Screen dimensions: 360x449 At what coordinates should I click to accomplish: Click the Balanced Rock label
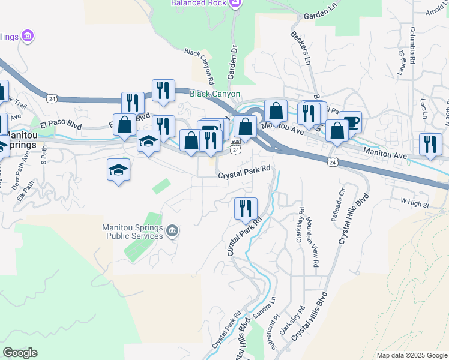[198, 3]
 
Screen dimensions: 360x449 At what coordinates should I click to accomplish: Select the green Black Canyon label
[215, 94]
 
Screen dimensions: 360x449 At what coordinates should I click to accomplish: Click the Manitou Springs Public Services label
[132, 232]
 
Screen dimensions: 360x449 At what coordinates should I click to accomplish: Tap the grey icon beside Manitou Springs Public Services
[172, 230]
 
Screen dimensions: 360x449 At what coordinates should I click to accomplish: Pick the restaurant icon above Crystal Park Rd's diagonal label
[245, 208]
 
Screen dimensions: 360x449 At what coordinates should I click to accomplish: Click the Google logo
[20, 353]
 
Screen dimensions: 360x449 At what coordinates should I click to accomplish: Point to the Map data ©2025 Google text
[411, 355]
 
